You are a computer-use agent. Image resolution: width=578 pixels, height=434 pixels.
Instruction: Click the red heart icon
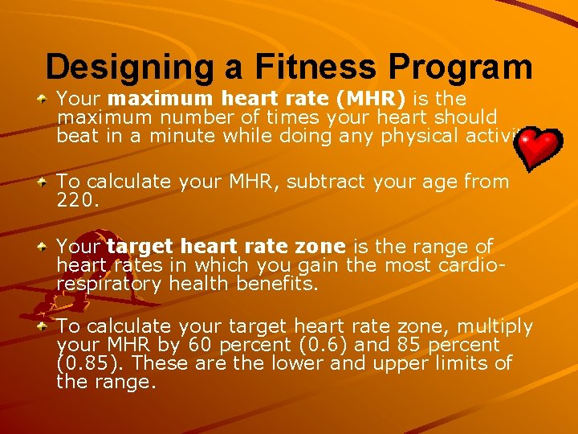[x=538, y=147]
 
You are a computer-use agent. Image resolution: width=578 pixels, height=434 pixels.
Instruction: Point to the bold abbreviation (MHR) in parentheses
[x=371, y=99]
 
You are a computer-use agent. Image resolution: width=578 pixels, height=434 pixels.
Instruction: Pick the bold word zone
[x=318, y=247]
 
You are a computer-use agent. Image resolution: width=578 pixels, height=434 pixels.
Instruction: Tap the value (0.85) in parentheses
[x=90, y=363]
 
